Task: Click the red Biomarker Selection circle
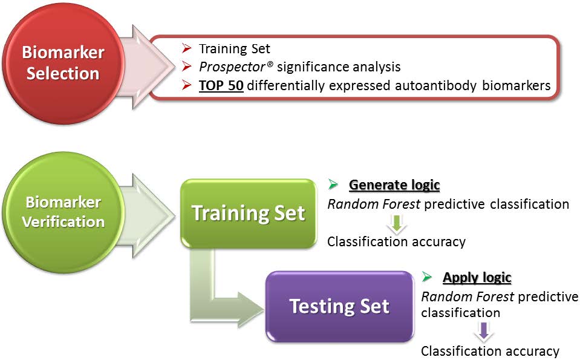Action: click(x=63, y=63)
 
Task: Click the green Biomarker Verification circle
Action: click(x=63, y=212)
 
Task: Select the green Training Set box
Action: click(x=249, y=214)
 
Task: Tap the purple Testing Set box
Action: click(x=339, y=306)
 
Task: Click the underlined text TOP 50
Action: click(x=221, y=85)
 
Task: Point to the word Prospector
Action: click(x=232, y=67)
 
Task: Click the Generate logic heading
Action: click(x=394, y=185)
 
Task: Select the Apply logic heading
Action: click(x=477, y=277)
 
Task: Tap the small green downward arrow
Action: click(x=397, y=224)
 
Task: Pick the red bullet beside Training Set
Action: click(x=187, y=48)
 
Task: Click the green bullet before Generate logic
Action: click(x=333, y=185)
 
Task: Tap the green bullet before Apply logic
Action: click(x=427, y=277)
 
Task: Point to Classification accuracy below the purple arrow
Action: click(x=490, y=351)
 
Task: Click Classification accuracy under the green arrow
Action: click(x=396, y=241)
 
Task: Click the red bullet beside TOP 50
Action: click(x=187, y=85)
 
